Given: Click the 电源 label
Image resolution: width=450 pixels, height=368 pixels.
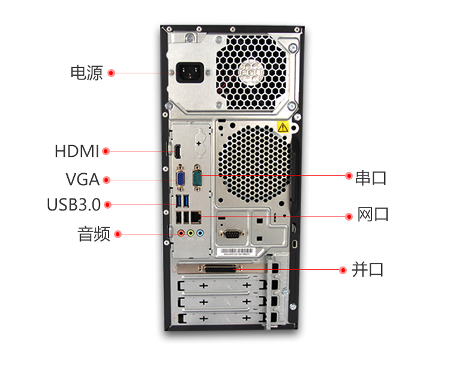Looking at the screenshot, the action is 86,73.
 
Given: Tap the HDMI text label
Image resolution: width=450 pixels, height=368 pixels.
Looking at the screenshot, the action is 77,151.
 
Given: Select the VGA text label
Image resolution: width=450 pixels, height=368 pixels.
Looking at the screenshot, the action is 83,179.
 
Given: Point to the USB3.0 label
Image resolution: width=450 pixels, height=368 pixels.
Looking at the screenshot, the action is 74,204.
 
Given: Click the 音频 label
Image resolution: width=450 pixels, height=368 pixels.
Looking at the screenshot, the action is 94,234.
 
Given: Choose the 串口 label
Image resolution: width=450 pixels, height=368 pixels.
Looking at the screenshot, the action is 371,177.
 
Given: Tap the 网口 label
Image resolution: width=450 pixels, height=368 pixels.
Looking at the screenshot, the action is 373,214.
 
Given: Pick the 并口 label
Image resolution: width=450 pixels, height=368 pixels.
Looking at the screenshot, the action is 368,269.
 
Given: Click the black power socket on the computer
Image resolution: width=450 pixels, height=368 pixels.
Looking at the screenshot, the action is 190,73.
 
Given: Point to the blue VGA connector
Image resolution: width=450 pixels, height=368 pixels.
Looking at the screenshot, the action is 180,178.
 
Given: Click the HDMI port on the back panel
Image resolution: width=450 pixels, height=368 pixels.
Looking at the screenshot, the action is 178,151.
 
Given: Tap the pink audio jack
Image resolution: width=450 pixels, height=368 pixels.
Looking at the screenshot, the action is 181,233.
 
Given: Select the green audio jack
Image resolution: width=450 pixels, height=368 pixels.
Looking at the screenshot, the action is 191,233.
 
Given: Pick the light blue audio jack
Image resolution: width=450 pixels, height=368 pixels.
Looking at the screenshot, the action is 200,233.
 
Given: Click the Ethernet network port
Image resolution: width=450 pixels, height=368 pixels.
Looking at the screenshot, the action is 196,217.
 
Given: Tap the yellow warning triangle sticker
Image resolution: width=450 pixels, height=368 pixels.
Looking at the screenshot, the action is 283,127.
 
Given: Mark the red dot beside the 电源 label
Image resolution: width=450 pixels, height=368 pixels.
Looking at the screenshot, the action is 112,73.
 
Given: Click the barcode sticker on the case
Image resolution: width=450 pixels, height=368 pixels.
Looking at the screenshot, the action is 235,251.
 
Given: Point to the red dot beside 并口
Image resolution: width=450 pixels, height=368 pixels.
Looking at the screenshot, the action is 343,270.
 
